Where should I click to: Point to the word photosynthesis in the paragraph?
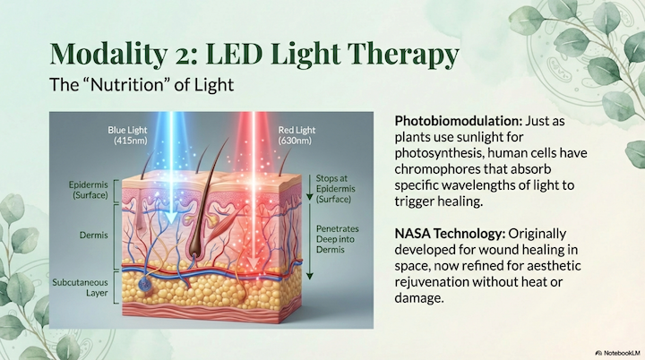[x=436, y=152]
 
